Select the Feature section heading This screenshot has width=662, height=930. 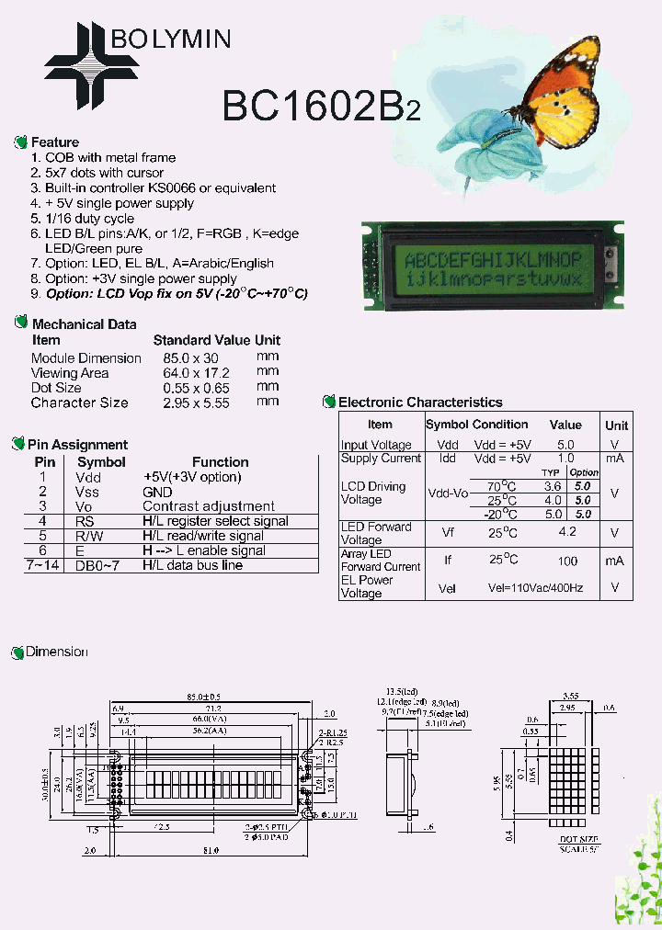tap(55, 142)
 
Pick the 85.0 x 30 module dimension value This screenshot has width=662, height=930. tap(191, 358)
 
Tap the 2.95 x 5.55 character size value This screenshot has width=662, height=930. tap(196, 403)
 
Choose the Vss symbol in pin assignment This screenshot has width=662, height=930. tap(88, 493)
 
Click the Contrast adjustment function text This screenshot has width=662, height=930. tap(209, 506)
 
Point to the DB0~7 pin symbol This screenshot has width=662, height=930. tap(97, 565)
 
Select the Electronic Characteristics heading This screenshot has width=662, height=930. tap(420, 403)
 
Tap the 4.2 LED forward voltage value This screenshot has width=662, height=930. tap(566, 532)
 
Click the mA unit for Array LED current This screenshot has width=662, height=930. tap(615, 561)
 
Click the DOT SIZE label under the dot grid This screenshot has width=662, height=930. tap(578, 839)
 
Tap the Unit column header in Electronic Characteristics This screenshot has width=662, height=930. tap(616, 425)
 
